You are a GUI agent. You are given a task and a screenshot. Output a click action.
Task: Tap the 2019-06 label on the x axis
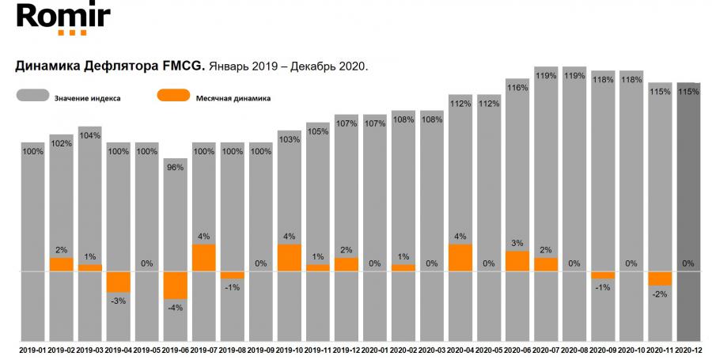[x=175, y=349]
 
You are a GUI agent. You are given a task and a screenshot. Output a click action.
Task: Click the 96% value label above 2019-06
[x=175, y=167]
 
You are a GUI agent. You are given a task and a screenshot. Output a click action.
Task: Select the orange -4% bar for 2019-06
[x=175, y=286]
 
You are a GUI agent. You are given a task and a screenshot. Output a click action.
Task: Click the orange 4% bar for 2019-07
[x=203, y=258]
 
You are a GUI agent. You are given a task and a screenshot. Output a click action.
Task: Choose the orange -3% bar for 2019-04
[x=118, y=282]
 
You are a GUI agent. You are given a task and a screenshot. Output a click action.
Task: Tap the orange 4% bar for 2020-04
[x=460, y=258]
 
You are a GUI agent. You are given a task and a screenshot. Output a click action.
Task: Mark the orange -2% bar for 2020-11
[x=659, y=279]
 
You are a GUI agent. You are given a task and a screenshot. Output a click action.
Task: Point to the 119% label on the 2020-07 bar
[x=545, y=76]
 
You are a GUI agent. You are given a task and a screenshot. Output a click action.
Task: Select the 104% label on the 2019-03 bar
[x=89, y=135]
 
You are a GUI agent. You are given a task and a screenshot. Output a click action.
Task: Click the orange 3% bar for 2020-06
[x=517, y=261]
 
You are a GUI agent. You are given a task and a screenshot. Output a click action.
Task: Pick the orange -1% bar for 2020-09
[x=602, y=275]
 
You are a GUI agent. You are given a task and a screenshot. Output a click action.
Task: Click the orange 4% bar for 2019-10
[x=289, y=258]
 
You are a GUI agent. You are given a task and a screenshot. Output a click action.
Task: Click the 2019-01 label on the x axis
[x=32, y=349]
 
